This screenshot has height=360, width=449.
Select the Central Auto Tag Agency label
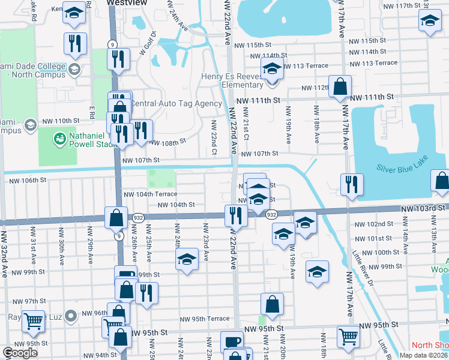pos(176,103)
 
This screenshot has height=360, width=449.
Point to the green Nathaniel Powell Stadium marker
pos(59,139)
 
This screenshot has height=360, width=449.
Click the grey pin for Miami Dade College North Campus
pos(75,69)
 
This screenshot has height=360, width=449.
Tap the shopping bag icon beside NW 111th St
pos(340,87)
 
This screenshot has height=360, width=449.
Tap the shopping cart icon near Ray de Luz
pos(33,322)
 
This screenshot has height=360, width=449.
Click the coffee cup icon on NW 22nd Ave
pos(232,342)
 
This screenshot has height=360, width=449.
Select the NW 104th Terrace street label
pos(150,194)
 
